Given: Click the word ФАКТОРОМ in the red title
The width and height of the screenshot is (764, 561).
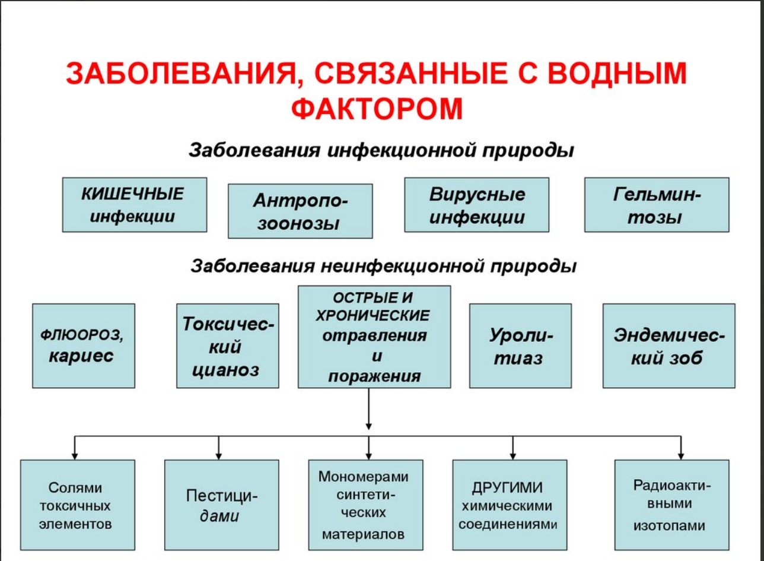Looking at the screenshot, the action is tap(377, 109).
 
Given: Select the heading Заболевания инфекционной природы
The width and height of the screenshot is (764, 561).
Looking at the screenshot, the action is tap(381, 150).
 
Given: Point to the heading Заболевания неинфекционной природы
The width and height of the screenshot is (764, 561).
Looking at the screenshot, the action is tap(383, 267).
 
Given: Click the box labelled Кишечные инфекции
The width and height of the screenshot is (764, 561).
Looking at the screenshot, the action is tap(135, 205).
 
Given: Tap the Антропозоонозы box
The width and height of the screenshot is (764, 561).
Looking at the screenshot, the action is tap(300, 211).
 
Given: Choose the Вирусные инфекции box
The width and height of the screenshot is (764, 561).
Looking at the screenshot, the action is tap(477, 205).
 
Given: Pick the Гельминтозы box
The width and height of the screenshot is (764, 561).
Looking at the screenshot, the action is tap(657, 205).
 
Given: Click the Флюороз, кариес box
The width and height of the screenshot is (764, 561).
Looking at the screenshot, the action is tap(84, 346).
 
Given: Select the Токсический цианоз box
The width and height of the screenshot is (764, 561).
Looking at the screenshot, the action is tap(228, 346).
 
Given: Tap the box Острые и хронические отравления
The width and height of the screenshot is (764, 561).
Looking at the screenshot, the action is tap(374, 337).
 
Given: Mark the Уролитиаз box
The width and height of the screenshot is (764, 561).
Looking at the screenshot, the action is tap(520, 346).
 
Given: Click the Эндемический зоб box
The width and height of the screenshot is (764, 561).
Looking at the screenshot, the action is tap(669, 346).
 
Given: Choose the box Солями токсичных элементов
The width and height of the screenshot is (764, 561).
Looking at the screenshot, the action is tap(78, 505).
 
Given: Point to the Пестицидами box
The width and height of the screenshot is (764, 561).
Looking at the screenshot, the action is tap(222, 505).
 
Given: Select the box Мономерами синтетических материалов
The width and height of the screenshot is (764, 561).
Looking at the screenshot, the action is tap(365, 505).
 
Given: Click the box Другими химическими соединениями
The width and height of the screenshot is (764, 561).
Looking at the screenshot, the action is tap(510, 505).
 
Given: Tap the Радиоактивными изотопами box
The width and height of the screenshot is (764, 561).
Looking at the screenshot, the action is tap(672, 505).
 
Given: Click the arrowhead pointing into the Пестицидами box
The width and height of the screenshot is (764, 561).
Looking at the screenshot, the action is tap(219, 456).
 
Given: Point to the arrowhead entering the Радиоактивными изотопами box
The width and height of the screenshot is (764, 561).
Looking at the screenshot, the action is tap(681, 456).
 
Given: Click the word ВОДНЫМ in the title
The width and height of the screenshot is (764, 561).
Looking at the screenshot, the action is tap(617, 73).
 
